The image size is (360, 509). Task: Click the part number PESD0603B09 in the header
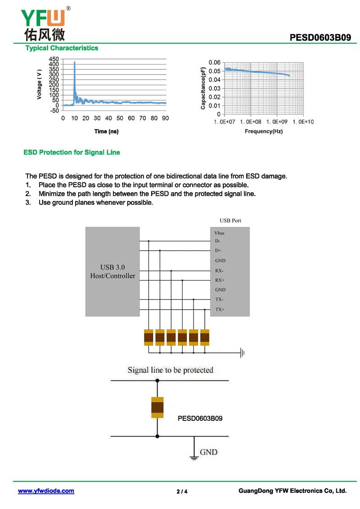click(320, 38)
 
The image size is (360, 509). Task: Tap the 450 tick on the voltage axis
click(53, 59)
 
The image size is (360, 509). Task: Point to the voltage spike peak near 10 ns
click(75, 62)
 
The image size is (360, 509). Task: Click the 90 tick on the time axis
click(166, 118)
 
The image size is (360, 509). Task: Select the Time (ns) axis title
click(107, 131)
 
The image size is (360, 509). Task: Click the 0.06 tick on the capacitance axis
click(215, 62)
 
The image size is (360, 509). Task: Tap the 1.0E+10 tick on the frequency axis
click(301, 122)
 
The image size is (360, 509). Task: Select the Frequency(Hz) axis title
click(264, 131)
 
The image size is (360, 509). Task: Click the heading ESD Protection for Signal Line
click(72, 153)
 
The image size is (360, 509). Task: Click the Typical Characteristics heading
click(62, 48)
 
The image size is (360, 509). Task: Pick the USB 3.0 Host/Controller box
click(112, 271)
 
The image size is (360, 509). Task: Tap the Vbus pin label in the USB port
click(220, 233)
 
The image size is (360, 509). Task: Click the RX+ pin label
click(220, 280)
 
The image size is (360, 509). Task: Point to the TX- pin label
click(220, 300)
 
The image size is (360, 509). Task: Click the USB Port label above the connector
click(230, 221)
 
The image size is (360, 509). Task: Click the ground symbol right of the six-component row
click(243, 353)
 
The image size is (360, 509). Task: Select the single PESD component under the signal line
click(157, 408)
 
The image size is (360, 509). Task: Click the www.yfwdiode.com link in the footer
click(46, 491)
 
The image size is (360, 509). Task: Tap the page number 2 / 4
click(182, 491)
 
